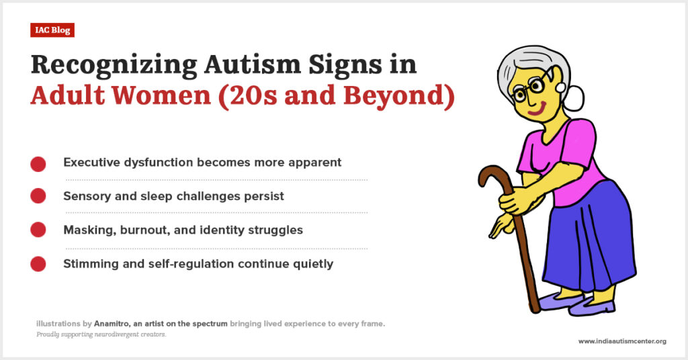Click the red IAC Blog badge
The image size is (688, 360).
coord(52,30)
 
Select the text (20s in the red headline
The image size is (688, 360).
coord(247,96)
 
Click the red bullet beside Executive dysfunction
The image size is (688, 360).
coord(38,164)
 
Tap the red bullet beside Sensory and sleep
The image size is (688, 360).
coord(38,196)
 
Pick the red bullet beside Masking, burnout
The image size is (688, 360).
coord(38,230)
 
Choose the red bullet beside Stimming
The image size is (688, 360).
coord(38,264)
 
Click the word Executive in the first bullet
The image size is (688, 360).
coord(91,163)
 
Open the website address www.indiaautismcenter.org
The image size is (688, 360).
coord(622,341)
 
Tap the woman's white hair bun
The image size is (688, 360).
coord(575,99)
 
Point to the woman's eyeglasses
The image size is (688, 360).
coord(529,88)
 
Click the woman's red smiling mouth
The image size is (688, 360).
coord(538,109)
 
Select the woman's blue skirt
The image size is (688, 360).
coord(588,237)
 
